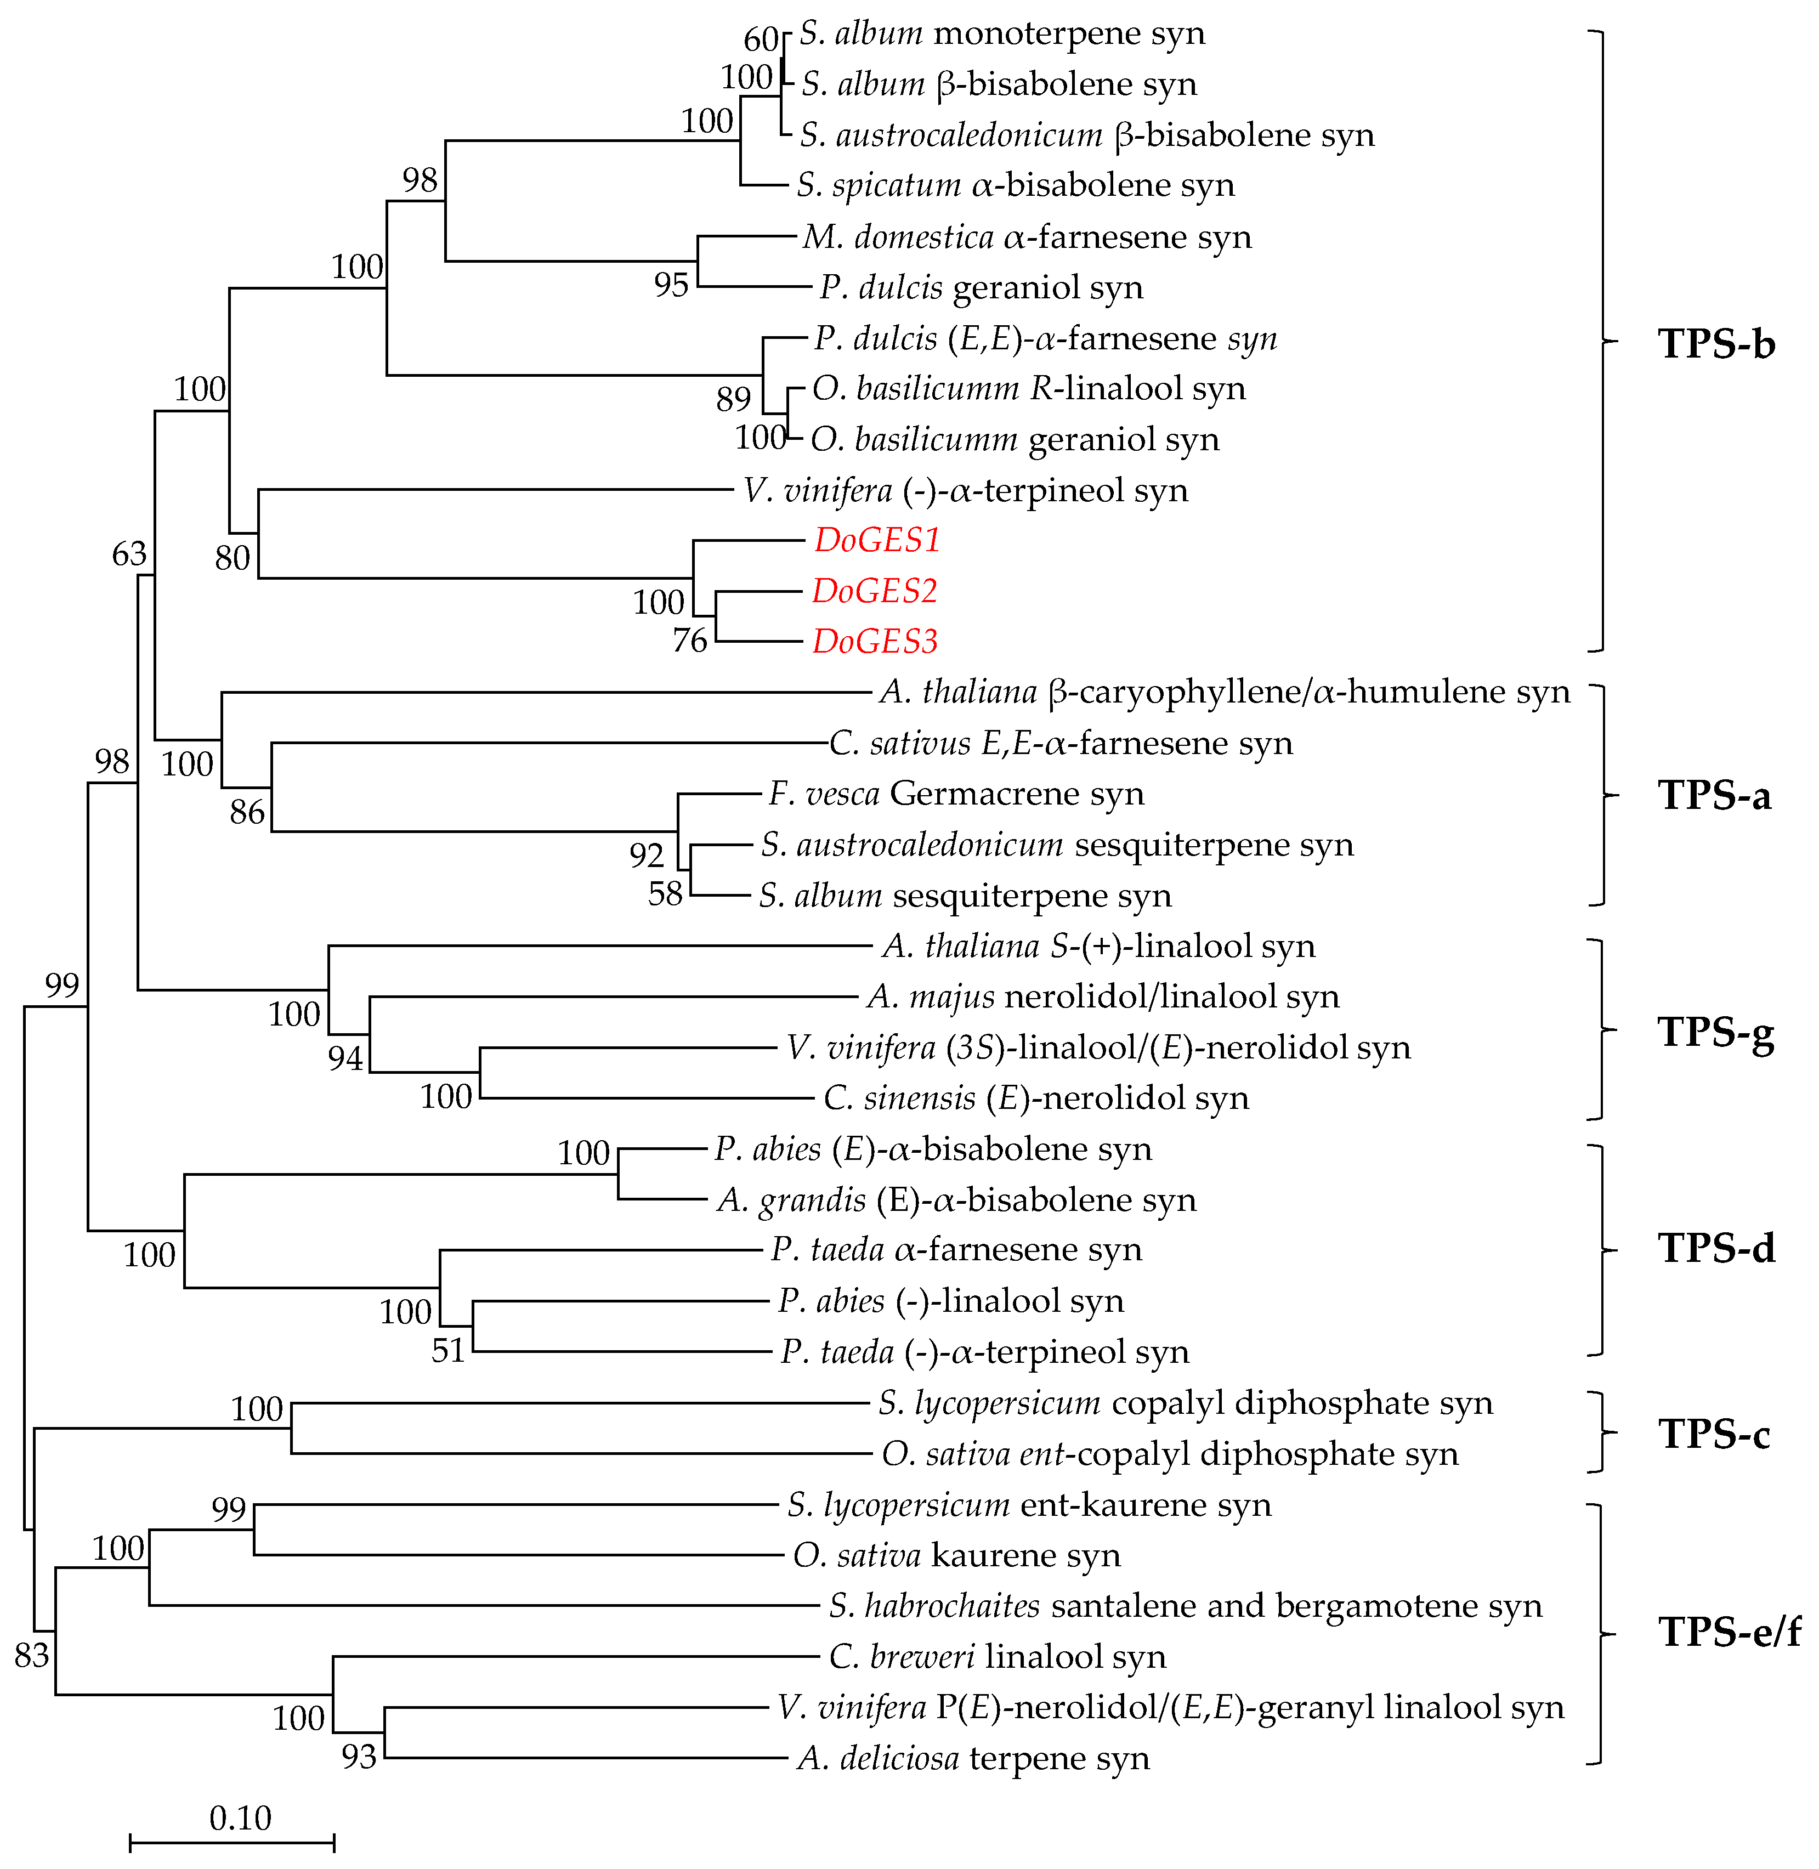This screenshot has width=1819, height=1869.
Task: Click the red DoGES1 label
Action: pos(877,541)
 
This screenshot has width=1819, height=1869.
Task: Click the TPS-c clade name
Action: pos(1714,1433)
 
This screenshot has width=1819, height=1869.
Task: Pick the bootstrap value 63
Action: pos(130,553)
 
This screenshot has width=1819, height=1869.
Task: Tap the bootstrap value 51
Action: pos(448,1350)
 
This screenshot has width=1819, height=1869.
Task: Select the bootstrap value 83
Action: pos(31,1654)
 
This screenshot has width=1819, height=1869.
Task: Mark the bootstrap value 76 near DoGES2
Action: pos(690,640)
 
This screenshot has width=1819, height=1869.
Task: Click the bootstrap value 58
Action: pos(665,893)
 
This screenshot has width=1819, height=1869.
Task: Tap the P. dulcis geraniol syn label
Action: pos(981,287)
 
